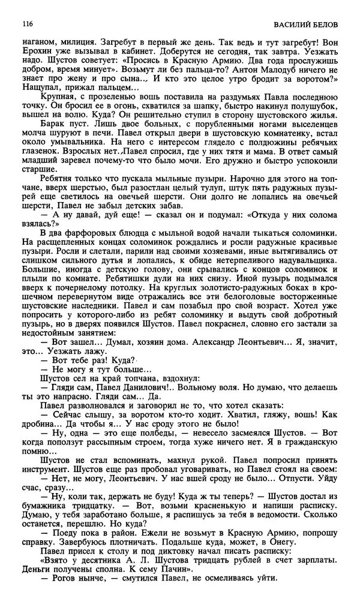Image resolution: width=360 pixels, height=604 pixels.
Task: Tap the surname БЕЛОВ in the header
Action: (x=325, y=25)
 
